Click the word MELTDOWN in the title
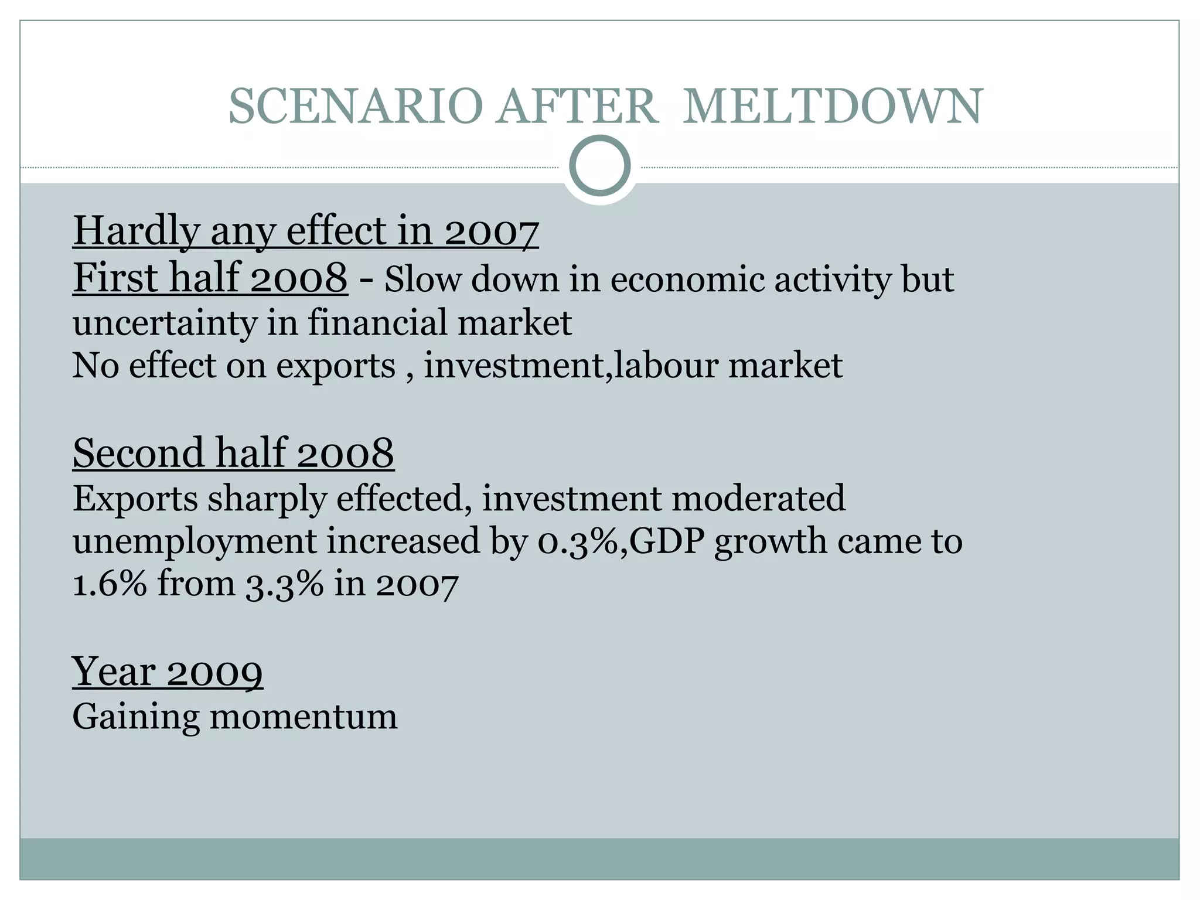coord(832,107)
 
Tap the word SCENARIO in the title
coord(355,107)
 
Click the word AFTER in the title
coord(577,107)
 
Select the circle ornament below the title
coord(599,166)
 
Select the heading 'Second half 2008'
coord(233,453)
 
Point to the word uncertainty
coord(165,323)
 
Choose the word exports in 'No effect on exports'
coord(336,366)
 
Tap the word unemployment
coord(195,541)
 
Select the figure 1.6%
coord(110,584)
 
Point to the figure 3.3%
coord(284,585)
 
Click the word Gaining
coord(135,717)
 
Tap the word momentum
coord(304,717)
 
